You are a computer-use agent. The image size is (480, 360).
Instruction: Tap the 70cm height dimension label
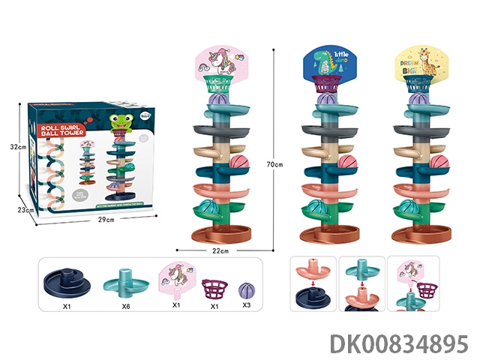tap(280, 163)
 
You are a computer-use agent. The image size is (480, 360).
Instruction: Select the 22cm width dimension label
tap(219, 250)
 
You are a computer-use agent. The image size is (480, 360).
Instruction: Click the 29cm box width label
tap(105, 220)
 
